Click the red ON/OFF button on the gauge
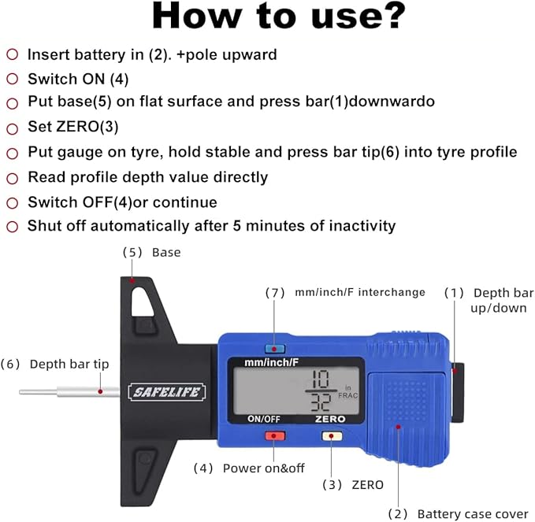point(273,435)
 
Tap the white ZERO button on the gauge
point(332,435)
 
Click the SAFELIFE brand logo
point(167,391)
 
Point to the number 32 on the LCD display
point(320,401)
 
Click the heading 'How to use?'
point(278,17)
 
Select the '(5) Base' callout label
point(151,253)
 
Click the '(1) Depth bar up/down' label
point(489,300)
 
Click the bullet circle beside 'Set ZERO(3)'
point(12,128)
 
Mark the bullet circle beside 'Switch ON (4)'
point(12,79)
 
